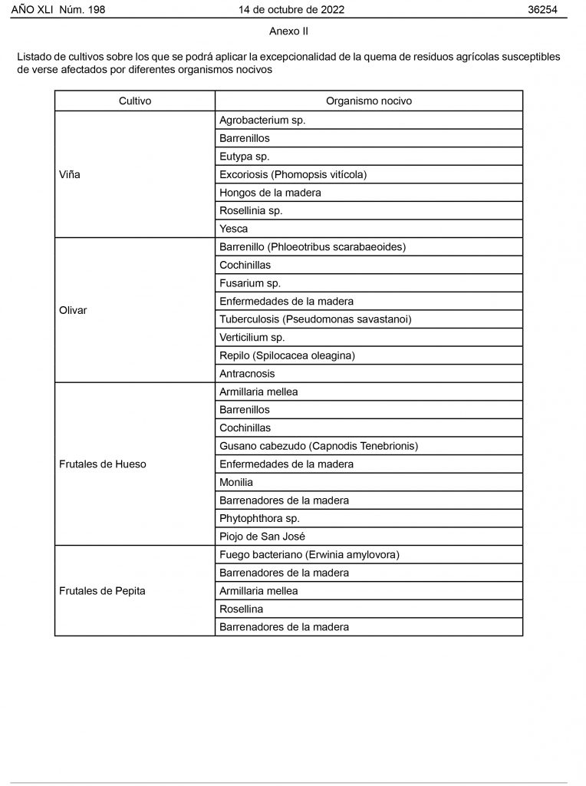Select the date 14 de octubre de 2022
coord(291,9)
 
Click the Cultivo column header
coord(135,101)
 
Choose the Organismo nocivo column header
coord(368,101)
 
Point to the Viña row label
coord(70,174)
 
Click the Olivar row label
coord(73,310)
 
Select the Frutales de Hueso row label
coord(102,464)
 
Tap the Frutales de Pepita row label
coord(102,591)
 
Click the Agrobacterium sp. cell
coord(262,121)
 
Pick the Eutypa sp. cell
coord(244,157)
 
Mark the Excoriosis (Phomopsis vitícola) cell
coord(293,174)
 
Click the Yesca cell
coord(233,229)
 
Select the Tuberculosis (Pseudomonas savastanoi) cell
coord(310,319)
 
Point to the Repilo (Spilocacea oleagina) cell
coord(287,355)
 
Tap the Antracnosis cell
coord(247,374)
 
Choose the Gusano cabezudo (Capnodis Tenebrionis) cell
coord(318,446)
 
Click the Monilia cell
coord(236,482)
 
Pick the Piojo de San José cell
coord(262,537)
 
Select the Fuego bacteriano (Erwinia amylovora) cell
coord(309,555)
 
